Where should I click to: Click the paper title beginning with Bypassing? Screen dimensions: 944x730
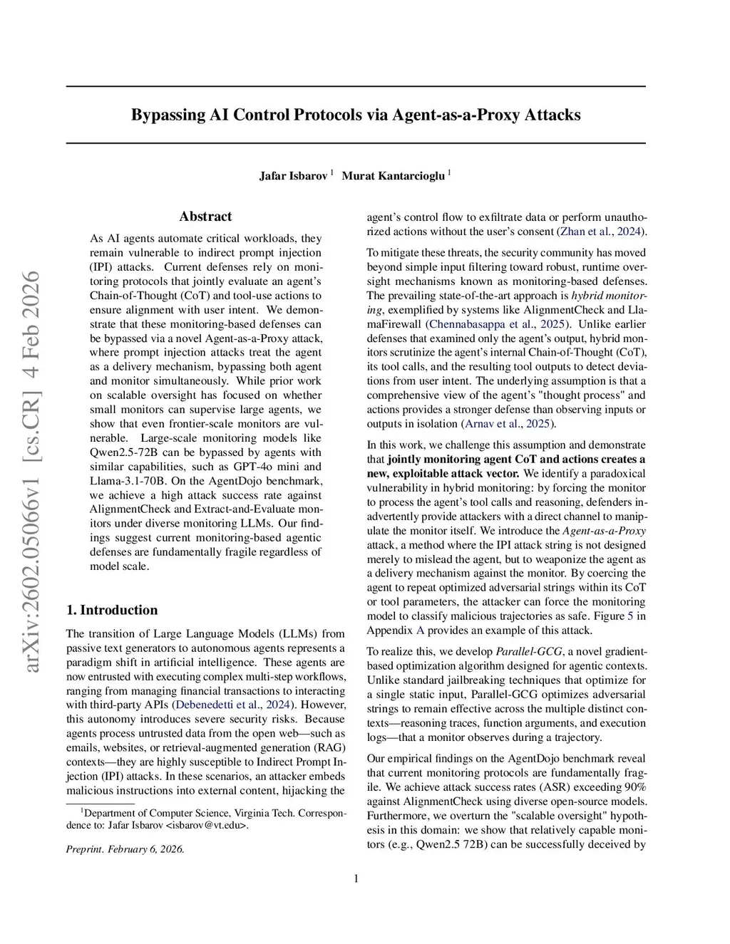coord(356,115)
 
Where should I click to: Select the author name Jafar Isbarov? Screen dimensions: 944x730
coord(292,175)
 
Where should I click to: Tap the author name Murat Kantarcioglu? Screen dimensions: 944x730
coord(393,175)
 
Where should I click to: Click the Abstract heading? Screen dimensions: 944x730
coord(205,217)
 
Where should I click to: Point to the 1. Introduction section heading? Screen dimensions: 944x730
coord(112,610)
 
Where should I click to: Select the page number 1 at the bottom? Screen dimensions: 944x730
coord(356,878)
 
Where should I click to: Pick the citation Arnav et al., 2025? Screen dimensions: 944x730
coord(508,424)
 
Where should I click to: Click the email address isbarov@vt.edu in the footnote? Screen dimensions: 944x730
coord(207,826)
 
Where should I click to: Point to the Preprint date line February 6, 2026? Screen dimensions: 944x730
coord(125,849)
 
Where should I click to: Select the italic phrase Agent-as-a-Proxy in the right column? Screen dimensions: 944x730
coord(604,531)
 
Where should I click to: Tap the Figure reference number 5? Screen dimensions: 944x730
coord(629,616)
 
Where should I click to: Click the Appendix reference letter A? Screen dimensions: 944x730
coord(420,631)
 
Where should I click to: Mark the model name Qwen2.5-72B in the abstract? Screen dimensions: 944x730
coord(118,452)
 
